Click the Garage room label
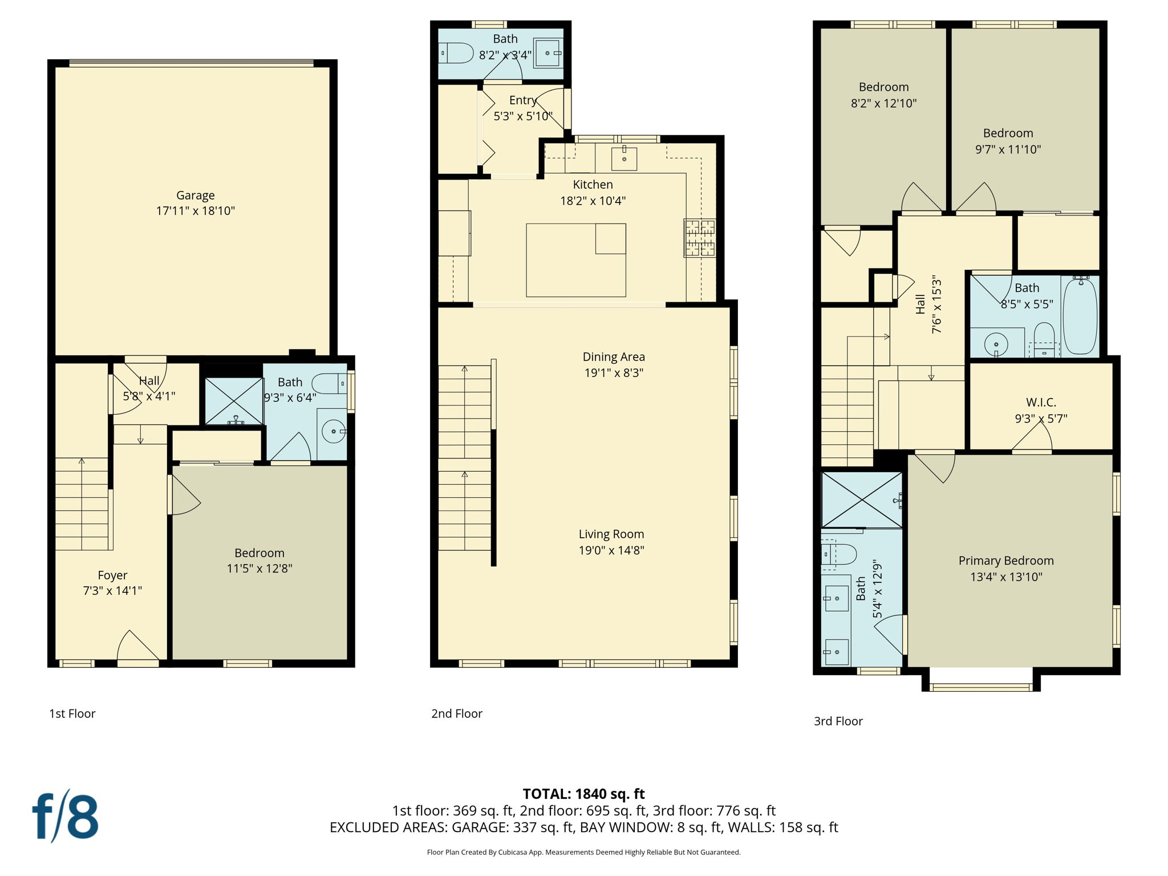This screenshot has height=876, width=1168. coord(195,196)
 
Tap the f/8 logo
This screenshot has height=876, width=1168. coord(65,816)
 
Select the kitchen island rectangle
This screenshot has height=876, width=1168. coord(575,260)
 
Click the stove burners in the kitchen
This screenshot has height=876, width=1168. coord(700,238)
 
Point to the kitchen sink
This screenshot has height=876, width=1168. coord(624,159)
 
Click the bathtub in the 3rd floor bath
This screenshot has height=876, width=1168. coord(1080,316)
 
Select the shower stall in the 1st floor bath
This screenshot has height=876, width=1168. coord(234,401)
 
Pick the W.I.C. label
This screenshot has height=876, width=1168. coord(1041,403)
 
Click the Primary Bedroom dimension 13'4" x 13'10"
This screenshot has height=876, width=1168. coord(1006,577)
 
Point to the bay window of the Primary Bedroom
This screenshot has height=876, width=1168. coord(981,686)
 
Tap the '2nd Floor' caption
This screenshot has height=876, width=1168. coord(456,713)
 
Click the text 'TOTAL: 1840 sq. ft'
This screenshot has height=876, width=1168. coord(583,794)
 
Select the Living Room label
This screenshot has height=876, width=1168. coord(611,534)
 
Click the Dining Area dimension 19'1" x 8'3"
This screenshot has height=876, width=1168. coord(614,373)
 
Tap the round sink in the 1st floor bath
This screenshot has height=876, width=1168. coord(333,432)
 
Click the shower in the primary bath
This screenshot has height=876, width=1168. coord(862,500)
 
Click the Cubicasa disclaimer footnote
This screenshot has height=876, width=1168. coord(583,853)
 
